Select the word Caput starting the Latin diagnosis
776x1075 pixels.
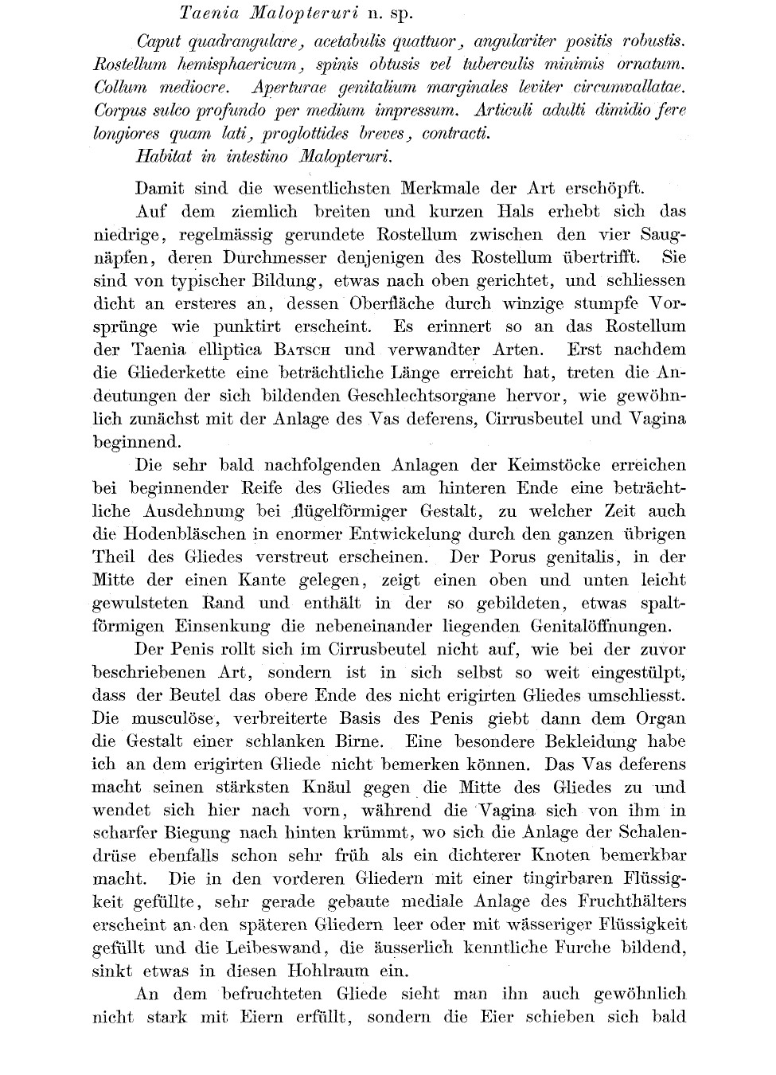[x=160, y=41]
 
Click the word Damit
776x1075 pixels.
[x=160, y=189]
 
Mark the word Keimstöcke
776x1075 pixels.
[x=549, y=465]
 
